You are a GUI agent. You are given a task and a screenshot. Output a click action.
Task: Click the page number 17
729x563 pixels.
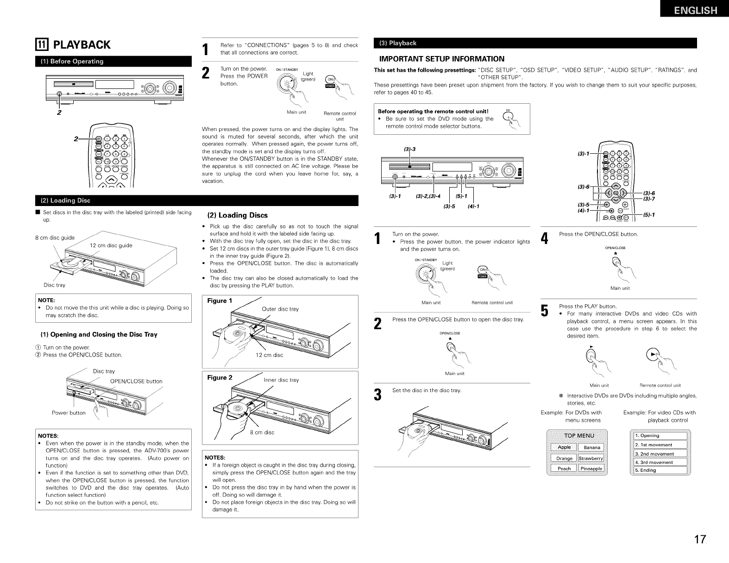[699, 540]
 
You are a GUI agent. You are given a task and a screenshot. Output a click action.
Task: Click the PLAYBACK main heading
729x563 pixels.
[82, 45]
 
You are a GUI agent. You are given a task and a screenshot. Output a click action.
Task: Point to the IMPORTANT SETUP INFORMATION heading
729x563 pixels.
[441, 59]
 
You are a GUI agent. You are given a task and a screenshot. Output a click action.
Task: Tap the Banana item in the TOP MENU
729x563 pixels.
[592, 447]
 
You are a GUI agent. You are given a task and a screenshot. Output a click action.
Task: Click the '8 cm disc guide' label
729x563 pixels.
[55, 238]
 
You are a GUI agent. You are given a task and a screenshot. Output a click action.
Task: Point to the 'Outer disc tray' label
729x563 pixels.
[280, 309]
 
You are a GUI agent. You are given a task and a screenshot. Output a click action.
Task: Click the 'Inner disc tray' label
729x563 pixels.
[281, 380]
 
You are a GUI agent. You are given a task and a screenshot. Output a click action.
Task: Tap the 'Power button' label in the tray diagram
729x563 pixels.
[69, 413]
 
